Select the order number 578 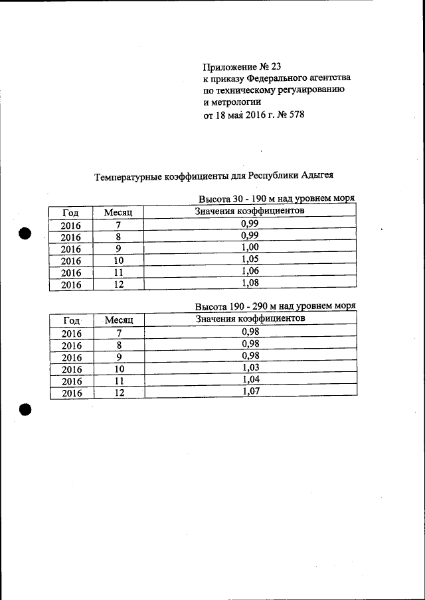(296, 115)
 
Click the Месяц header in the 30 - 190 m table (119, 212)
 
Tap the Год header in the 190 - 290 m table (71, 320)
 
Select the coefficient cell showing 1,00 (250, 248)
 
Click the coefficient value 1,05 (250, 259)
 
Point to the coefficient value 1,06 (250, 271)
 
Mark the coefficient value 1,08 (250, 284)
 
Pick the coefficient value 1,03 (250, 368)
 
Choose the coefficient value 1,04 (250, 380)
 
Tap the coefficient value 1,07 (250, 392)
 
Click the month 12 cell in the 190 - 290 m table (119, 392)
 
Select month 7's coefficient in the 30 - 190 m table (250, 224)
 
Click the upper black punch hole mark (25, 233)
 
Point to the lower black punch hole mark (25, 409)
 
